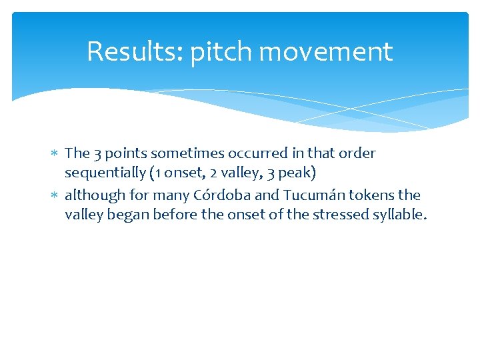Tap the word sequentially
(105, 173)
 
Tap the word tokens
(370, 195)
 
